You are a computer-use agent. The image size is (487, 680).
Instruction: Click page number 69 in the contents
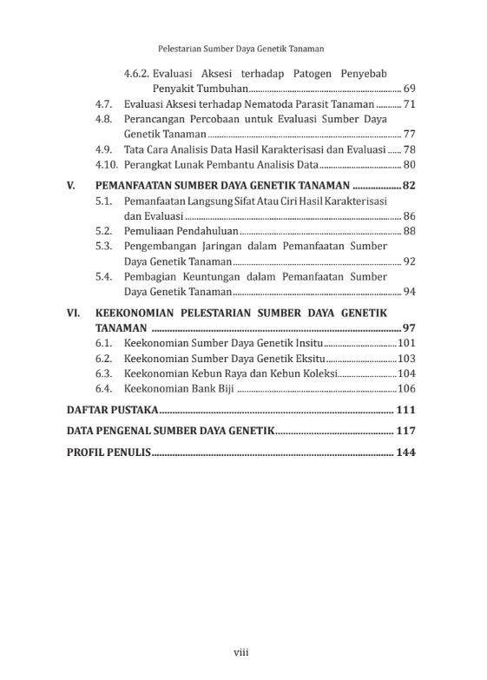tap(409, 89)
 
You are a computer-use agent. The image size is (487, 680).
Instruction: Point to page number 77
tap(409, 134)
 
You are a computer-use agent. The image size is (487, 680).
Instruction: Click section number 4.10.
tap(106, 164)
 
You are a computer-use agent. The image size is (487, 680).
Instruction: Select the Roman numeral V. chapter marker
tap(72, 186)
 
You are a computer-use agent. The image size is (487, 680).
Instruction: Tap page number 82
tap(408, 186)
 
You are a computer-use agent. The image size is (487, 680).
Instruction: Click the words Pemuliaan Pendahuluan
tap(181, 231)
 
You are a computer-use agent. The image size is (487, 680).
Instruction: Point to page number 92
tap(409, 261)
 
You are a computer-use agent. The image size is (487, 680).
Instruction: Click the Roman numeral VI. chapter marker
tap(75, 313)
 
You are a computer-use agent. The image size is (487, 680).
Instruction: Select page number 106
tap(406, 388)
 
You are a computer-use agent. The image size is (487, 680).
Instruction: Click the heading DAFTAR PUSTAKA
tap(112, 410)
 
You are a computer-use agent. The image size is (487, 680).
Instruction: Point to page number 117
tap(405, 431)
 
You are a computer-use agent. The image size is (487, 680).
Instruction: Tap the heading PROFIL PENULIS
tap(109, 452)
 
